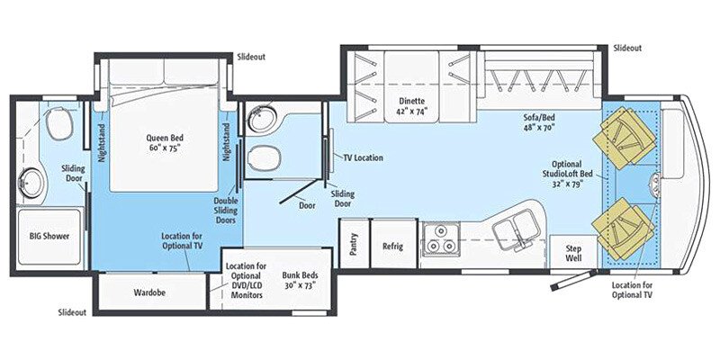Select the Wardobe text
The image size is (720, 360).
[x=149, y=292]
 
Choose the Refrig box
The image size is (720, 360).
[x=392, y=245]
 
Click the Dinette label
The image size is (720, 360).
[x=412, y=106]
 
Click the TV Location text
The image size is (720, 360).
[x=363, y=157]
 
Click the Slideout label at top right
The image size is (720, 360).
[x=628, y=48]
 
